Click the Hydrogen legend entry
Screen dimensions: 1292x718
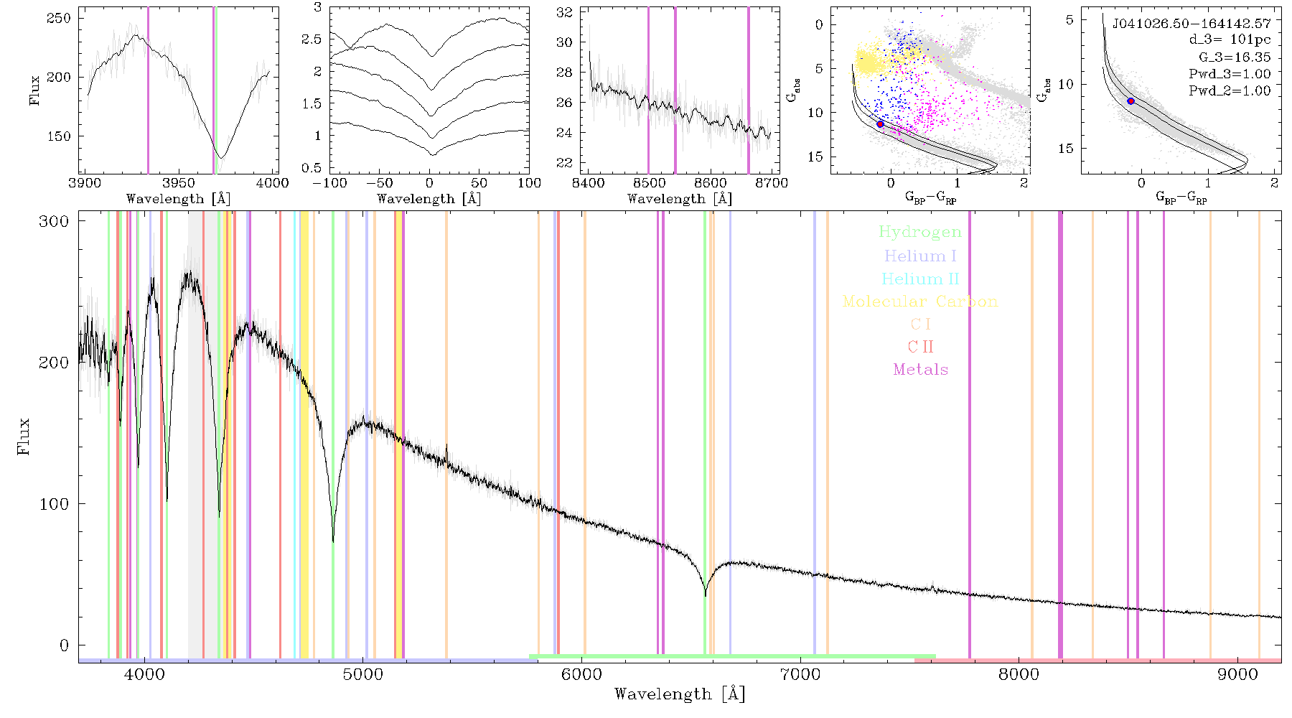click(x=920, y=232)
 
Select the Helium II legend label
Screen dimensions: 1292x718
click(x=920, y=279)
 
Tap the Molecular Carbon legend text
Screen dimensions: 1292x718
click(x=920, y=302)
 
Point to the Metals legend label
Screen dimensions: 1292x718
click(x=921, y=370)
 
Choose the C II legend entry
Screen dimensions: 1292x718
click(x=920, y=347)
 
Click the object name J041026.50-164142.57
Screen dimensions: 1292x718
click(x=1192, y=24)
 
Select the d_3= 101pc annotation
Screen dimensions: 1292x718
click(x=1230, y=40)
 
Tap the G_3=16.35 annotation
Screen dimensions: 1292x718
click(x=1235, y=57)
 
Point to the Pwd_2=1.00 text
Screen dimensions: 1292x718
click(x=1230, y=91)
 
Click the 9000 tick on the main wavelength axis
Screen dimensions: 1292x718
click(x=1237, y=675)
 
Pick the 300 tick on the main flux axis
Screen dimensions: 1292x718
click(x=54, y=221)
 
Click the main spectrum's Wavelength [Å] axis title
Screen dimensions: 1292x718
click(x=680, y=694)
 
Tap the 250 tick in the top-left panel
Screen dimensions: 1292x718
click(x=59, y=18)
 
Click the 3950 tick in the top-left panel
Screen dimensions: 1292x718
click(x=179, y=183)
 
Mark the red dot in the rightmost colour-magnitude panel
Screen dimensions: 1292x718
click(x=1130, y=101)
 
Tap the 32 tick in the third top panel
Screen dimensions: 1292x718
click(x=564, y=12)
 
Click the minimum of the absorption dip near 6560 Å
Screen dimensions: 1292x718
click(x=705, y=595)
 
